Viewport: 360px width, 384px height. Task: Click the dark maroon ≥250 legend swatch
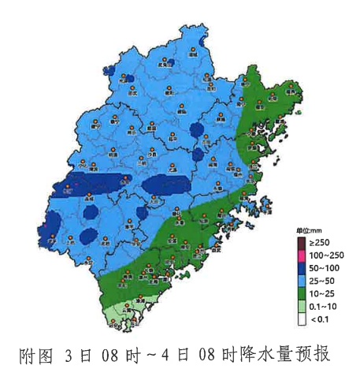(x=302, y=242)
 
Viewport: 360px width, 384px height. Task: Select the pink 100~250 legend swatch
(x=302, y=255)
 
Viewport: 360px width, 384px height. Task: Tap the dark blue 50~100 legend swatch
(x=302, y=267)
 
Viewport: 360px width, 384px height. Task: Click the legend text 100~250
(x=326, y=255)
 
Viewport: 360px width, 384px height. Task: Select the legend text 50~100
(x=324, y=267)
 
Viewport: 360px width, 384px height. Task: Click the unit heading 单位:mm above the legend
(x=310, y=229)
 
